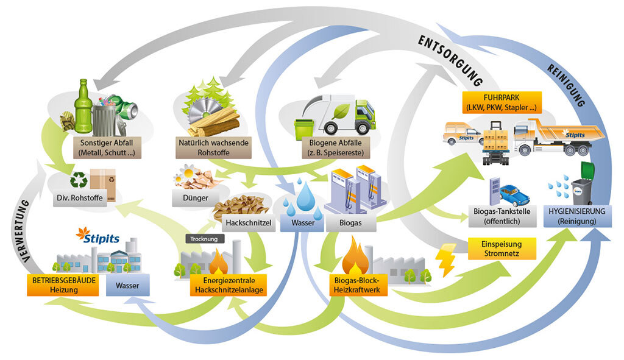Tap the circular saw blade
(202, 113)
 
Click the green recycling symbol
(79, 180)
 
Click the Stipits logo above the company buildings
(98, 235)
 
